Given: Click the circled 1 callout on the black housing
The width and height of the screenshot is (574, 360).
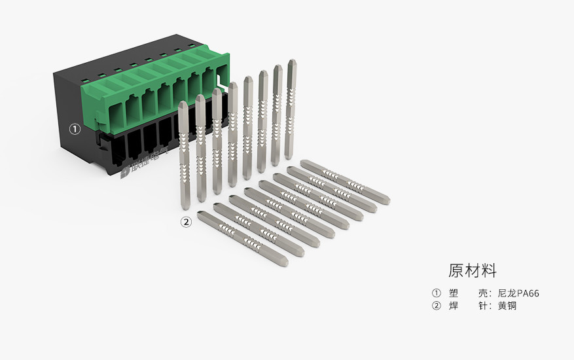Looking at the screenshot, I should [75, 129].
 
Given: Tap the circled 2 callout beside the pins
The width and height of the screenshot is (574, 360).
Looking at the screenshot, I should [186, 222].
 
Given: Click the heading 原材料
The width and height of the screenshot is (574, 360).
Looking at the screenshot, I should [473, 270].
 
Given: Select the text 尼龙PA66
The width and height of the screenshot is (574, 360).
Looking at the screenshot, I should [518, 293].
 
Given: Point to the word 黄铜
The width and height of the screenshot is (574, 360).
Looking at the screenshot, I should [507, 306].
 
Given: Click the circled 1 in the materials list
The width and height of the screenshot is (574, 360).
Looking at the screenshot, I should [437, 293].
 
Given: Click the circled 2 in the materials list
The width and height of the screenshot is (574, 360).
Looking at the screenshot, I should [437, 306].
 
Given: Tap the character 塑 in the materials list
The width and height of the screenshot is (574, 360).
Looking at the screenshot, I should [454, 293].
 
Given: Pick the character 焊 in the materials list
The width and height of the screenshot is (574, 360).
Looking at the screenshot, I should [454, 306].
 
